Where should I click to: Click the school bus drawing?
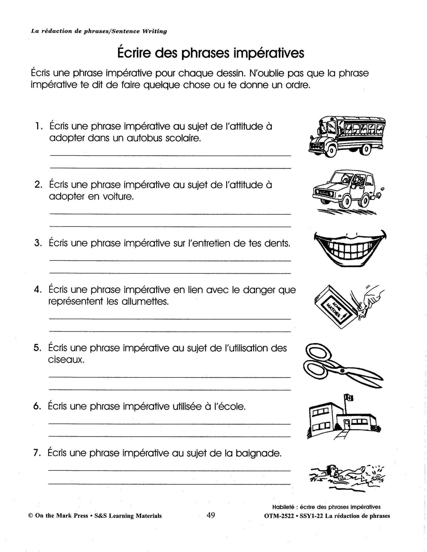pos(347,136)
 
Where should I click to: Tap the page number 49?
pos(210,515)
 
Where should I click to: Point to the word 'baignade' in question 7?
pos(258,453)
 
